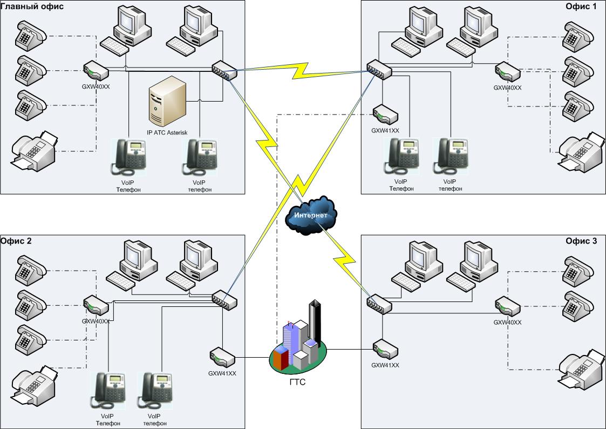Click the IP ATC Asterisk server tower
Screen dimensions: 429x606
click(x=167, y=102)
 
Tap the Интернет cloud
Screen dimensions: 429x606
click(x=311, y=215)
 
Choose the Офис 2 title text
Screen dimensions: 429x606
click(x=16, y=241)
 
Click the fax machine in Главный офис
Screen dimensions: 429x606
click(x=34, y=151)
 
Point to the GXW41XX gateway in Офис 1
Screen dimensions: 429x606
click(x=385, y=115)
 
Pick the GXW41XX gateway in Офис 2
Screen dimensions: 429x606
click(x=222, y=357)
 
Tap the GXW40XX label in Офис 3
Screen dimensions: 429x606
click(x=507, y=323)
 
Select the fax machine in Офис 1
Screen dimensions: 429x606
click(x=581, y=151)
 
